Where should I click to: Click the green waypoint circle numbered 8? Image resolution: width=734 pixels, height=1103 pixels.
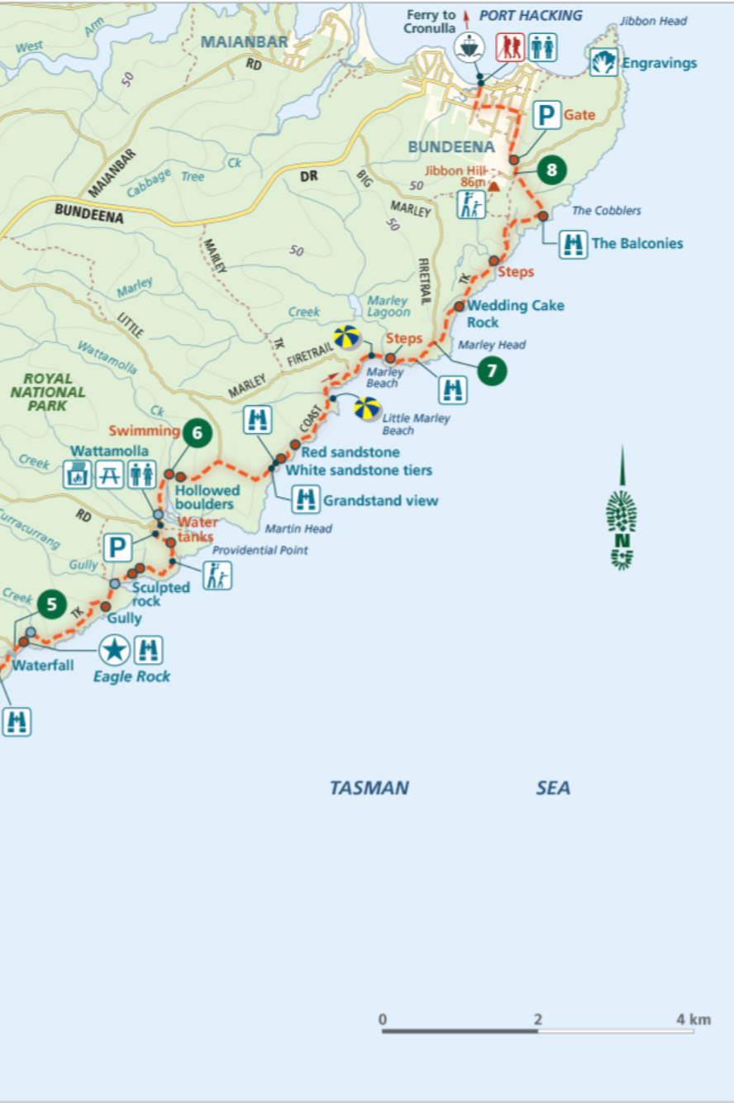click(x=551, y=170)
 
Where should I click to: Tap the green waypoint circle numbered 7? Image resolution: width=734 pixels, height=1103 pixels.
click(x=492, y=371)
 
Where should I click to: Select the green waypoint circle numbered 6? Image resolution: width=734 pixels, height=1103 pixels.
click(x=197, y=432)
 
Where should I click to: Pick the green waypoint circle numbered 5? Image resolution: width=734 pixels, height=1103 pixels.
click(x=51, y=604)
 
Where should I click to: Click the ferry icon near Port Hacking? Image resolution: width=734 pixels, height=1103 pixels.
click(x=469, y=47)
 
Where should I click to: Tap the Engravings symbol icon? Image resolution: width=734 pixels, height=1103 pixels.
click(x=604, y=63)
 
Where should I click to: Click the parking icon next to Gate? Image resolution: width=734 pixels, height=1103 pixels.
click(x=546, y=115)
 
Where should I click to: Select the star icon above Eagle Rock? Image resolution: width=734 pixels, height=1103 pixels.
click(x=114, y=650)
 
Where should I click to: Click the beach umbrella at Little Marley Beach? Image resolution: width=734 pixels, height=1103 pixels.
click(x=367, y=408)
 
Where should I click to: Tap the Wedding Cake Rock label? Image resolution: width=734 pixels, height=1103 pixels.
click(x=515, y=313)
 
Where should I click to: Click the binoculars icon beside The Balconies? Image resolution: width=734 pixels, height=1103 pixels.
click(x=572, y=244)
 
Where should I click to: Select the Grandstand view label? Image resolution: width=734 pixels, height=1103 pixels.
click(x=380, y=500)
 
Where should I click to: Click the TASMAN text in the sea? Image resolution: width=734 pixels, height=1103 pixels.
click(x=369, y=788)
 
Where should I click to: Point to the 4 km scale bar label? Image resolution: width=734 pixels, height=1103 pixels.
click(x=693, y=1019)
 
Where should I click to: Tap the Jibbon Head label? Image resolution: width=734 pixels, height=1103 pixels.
click(x=653, y=21)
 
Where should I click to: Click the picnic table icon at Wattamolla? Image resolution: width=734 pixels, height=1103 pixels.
click(x=109, y=475)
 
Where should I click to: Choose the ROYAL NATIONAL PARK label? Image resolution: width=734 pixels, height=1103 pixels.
click(x=48, y=392)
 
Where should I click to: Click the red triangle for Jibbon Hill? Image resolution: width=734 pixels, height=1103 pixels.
click(x=494, y=187)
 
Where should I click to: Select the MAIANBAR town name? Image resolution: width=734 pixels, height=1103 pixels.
click(x=244, y=41)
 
